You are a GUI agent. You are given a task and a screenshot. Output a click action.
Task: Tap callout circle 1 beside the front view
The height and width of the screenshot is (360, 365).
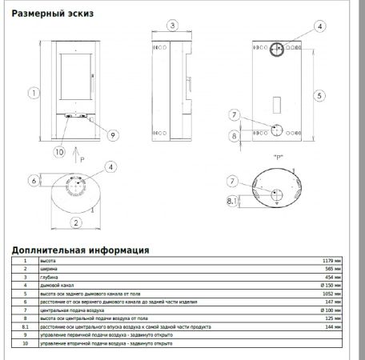tap(34, 92)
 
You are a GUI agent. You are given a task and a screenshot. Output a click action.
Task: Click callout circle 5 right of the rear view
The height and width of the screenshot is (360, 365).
tap(319, 95)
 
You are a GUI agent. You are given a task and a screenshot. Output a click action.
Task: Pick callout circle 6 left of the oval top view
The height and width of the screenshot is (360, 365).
tap(34, 181)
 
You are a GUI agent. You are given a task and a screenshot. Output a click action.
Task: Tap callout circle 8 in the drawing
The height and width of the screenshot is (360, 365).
tap(235, 136)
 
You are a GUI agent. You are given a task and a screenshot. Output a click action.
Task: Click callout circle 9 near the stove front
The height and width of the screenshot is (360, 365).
tap(113, 135)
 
